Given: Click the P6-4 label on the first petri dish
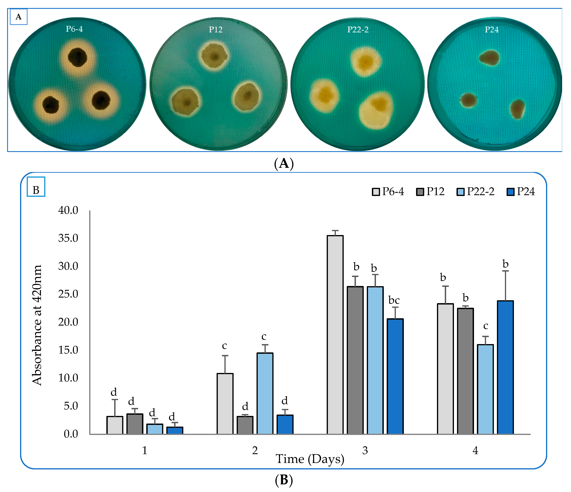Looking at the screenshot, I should (74, 29).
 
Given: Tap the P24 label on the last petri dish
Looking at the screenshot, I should (492, 30).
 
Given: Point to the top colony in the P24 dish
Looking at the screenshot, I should (489, 58).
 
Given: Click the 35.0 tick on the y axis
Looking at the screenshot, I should (68, 238).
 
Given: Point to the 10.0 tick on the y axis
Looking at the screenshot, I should (68, 378).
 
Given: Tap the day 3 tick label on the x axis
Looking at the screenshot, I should (365, 450).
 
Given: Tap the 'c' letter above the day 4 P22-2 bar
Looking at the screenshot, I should (486, 326).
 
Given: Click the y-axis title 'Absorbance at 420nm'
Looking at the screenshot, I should (37, 325).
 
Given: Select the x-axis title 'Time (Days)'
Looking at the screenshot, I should (310, 459).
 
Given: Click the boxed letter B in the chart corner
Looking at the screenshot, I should (36, 190).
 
